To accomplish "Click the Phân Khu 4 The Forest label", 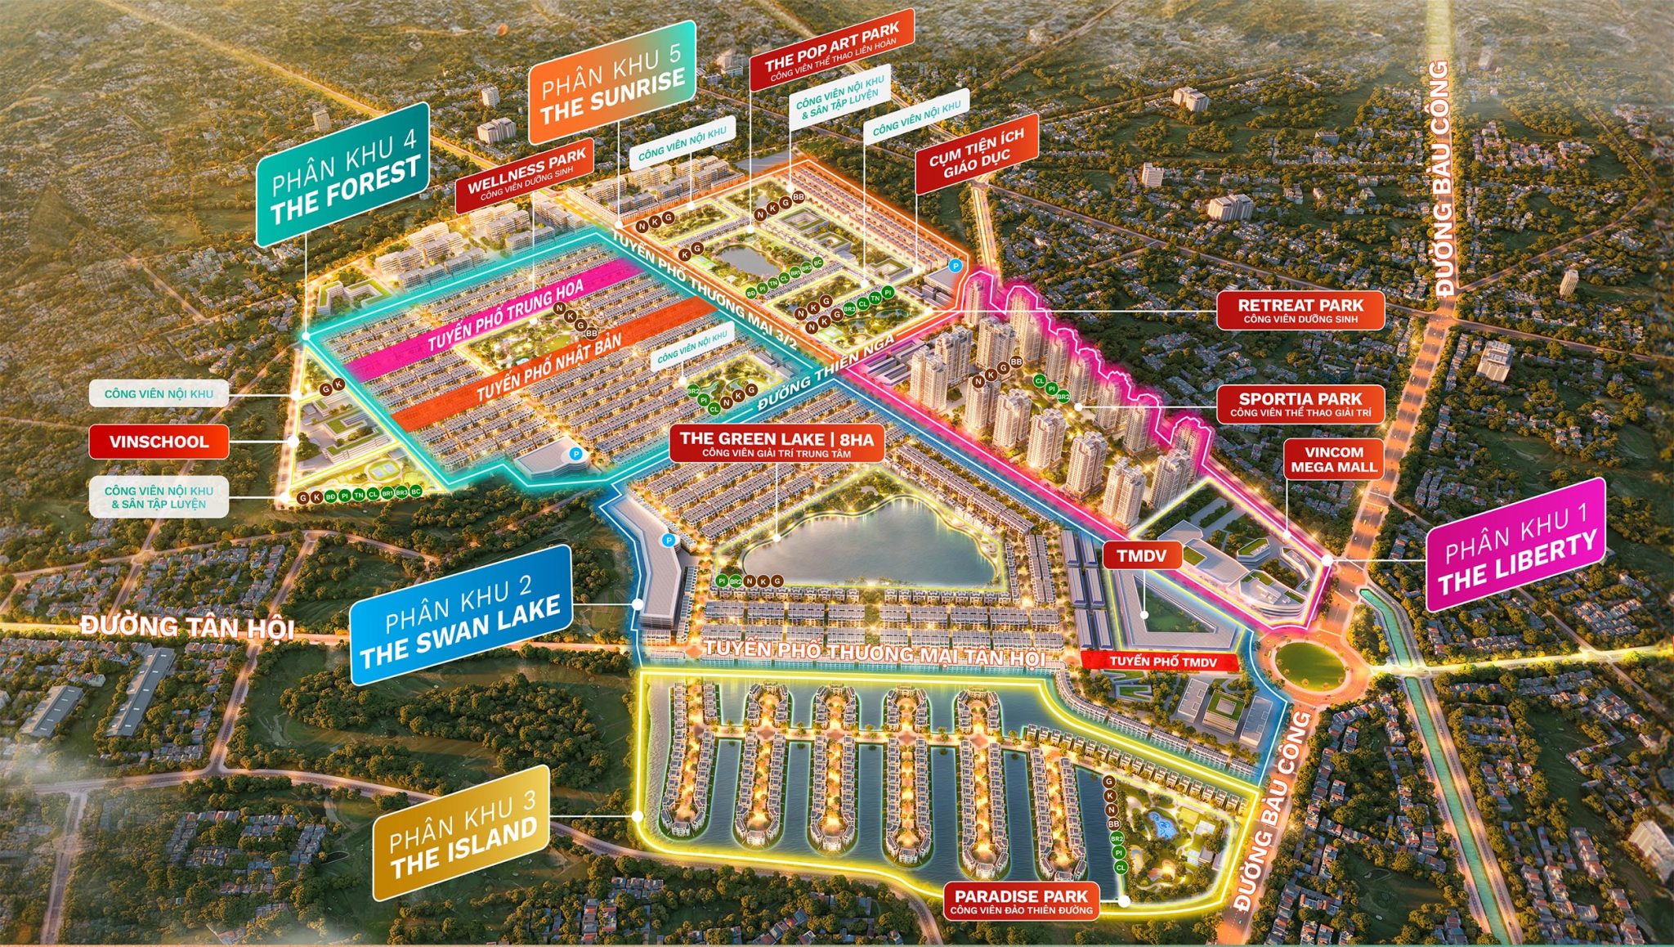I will [x=342, y=175].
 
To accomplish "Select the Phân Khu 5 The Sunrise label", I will [x=612, y=83].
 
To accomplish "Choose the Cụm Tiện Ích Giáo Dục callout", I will [x=976, y=153].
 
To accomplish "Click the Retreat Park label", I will [x=1300, y=310].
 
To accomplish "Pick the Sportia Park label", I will [x=1300, y=403].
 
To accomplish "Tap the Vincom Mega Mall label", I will [x=1333, y=460].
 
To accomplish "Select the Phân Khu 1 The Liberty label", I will [x=1515, y=545].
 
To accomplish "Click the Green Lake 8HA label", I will [x=777, y=444].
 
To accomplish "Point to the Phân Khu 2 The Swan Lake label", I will [x=461, y=615].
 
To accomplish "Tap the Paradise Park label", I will [x=1021, y=901].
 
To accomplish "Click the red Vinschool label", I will [x=159, y=442].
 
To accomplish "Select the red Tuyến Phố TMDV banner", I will [x=1162, y=662].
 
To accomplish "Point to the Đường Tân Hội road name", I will [x=187, y=627].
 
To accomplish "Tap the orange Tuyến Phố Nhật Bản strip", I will [x=549, y=367].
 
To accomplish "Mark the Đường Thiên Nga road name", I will [x=826, y=375].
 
